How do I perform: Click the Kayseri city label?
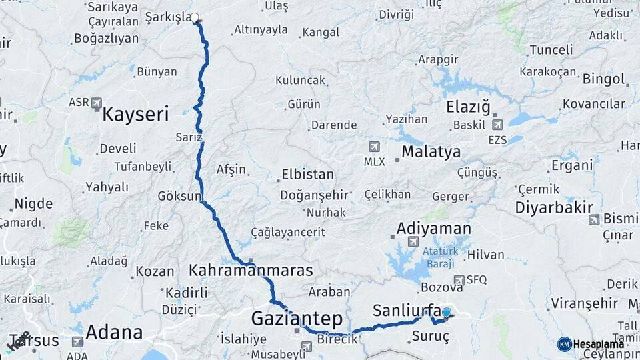tap(135, 114)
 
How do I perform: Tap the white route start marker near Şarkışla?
tap(195, 17)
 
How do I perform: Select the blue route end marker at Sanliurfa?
tap(446, 312)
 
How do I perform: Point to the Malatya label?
tap(431, 152)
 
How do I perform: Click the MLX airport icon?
tap(374, 146)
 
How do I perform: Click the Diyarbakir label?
tap(554, 207)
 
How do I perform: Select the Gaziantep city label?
tap(297, 319)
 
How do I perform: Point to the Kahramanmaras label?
tap(251, 271)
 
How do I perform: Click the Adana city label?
tap(114, 332)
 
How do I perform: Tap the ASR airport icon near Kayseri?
tap(97, 103)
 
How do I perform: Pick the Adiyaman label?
tap(433, 228)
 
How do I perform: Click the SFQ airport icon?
tap(459, 280)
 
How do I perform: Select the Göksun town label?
tap(179, 196)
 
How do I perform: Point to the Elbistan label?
tap(307, 175)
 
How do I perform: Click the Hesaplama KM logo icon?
tap(564, 343)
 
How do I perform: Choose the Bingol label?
tap(603, 79)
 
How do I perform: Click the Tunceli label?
tap(551, 50)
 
